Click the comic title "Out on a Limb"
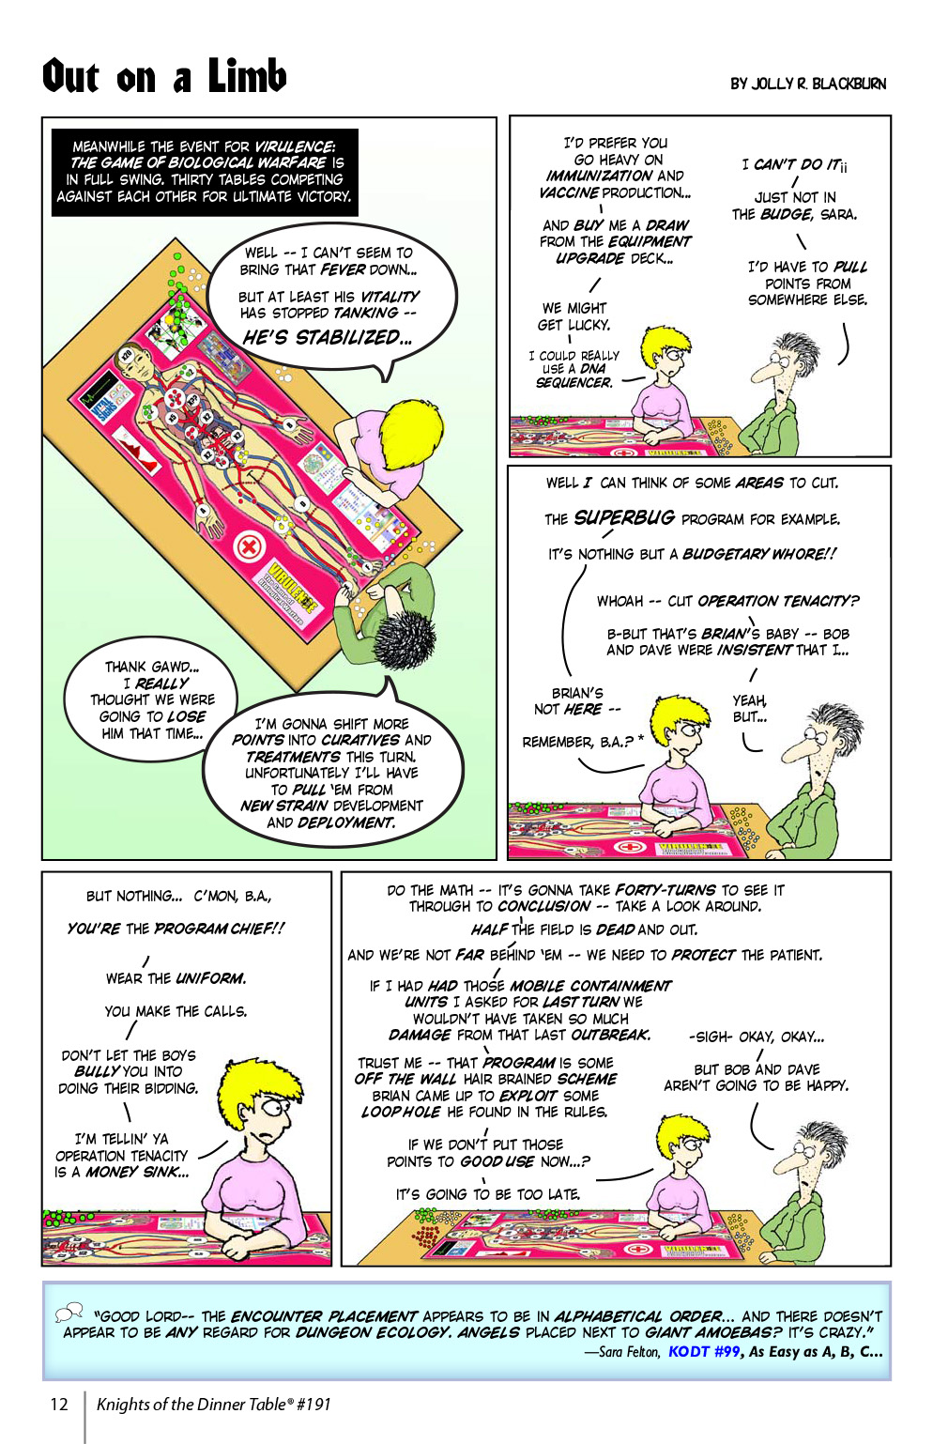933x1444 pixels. (x=164, y=76)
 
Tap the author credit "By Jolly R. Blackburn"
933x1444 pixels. (x=808, y=84)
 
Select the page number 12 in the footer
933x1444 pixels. (x=59, y=1405)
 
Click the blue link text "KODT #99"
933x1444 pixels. (x=704, y=1352)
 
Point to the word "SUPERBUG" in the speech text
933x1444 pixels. (x=624, y=517)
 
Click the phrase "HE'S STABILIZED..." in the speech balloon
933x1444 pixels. (x=327, y=338)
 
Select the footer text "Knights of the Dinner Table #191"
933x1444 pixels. (x=214, y=1405)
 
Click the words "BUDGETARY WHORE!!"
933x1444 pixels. (x=758, y=554)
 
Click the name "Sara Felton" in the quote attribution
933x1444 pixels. (x=630, y=1352)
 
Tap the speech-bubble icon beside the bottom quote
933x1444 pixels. (x=69, y=1313)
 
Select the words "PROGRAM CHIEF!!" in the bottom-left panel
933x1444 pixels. (x=220, y=929)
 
